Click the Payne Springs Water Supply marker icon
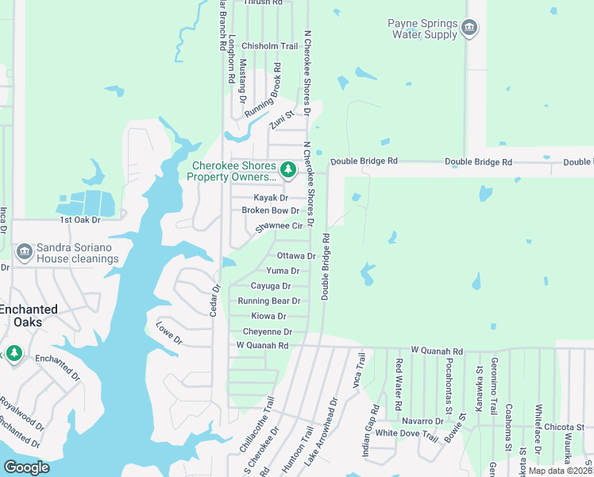(469, 29)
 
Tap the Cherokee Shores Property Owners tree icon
(287, 169)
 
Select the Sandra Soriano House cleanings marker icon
(23, 252)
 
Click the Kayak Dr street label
(270, 198)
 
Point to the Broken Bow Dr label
(270, 211)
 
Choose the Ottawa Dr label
(296, 256)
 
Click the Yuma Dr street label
(283, 271)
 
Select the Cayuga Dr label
(270, 286)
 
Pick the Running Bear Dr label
(268, 301)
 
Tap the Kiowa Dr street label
(268, 316)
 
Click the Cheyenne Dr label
(267, 332)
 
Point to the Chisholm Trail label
(269, 46)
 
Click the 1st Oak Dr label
(80, 219)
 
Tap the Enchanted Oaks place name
(29, 316)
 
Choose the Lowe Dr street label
(169, 333)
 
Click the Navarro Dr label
(422, 421)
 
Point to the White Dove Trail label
(407, 434)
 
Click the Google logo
(26, 467)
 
